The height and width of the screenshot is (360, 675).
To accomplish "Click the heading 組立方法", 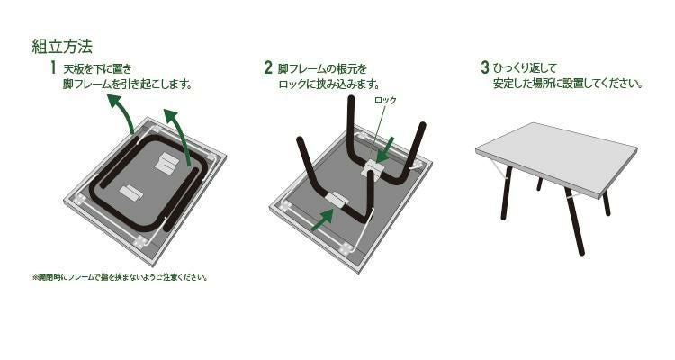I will (x=62, y=46).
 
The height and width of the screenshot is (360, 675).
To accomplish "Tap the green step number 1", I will (x=53, y=67).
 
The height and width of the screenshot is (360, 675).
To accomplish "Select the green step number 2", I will (x=268, y=67).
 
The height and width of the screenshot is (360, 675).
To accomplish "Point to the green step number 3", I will (x=484, y=67).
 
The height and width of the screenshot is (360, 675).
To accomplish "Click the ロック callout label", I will (x=385, y=101).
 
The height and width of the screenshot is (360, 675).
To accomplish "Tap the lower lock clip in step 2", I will (x=339, y=200).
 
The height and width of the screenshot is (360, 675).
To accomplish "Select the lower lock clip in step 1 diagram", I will (x=131, y=193).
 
